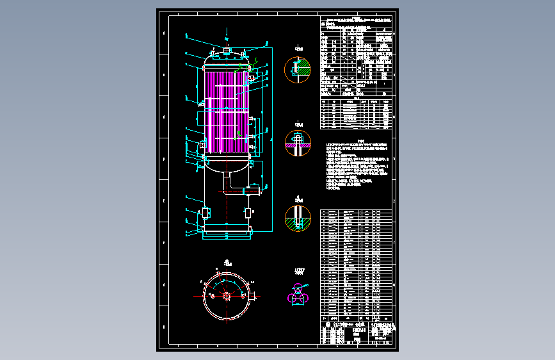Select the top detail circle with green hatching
[298, 70]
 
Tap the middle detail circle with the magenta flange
[298, 143]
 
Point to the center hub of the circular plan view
[227, 295]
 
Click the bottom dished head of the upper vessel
[227, 165]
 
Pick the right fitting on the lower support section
[249, 211]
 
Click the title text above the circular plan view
[227, 262]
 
